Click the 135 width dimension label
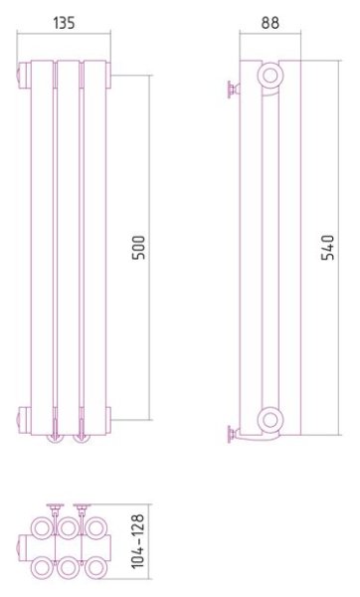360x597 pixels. click(x=64, y=23)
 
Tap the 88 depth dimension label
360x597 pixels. click(x=270, y=23)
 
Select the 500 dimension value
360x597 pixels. click(x=138, y=248)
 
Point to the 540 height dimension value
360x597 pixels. click(x=327, y=248)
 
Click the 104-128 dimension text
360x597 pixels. click(x=138, y=541)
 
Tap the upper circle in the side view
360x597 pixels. click(x=270, y=75)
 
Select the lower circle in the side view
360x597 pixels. click(x=270, y=420)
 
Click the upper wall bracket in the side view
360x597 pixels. click(x=233, y=90)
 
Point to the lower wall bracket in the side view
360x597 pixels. click(x=233, y=435)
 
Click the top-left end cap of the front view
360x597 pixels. click(x=24, y=76)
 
